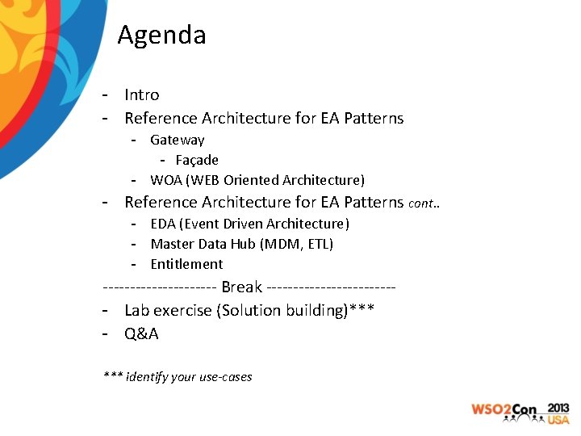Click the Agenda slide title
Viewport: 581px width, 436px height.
[161, 36]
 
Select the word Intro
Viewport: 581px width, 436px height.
[142, 95]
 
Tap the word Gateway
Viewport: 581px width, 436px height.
[178, 140]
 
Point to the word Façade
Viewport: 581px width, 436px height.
[197, 160]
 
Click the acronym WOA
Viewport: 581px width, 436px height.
[166, 180]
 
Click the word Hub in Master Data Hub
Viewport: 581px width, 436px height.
[241, 244]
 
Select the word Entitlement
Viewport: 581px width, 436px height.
[186, 264]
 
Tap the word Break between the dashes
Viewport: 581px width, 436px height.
[241, 287]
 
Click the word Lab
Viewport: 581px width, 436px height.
[137, 311]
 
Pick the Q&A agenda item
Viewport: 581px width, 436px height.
[141, 333]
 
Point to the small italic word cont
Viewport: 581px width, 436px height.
[422, 204]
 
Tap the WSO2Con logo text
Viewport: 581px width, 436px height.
[504, 410]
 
